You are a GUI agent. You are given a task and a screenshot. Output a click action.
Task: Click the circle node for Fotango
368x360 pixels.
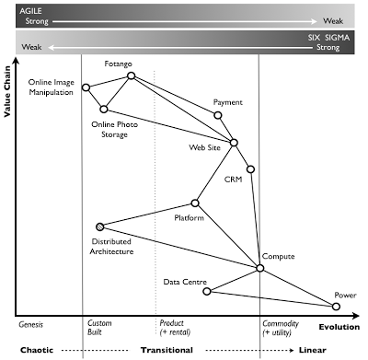(x=131, y=75)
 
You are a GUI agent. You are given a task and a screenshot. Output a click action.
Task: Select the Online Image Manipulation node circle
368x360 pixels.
(x=86, y=87)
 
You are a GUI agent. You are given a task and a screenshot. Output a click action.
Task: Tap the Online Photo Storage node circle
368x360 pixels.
(x=104, y=109)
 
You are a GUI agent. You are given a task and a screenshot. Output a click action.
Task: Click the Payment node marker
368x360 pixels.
(x=218, y=115)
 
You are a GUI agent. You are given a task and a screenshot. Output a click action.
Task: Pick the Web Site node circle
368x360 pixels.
(x=235, y=142)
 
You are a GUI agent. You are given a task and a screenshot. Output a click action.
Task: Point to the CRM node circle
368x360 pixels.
(x=250, y=168)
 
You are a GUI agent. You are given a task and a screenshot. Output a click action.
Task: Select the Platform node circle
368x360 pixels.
(x=195, y=203)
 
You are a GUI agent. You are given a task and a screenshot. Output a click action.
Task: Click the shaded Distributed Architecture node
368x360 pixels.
(x=99, y=226)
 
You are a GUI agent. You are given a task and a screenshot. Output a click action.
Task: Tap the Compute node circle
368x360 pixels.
(x=259, y=268)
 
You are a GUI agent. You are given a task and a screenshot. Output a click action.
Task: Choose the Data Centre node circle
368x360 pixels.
(x=207, y=291)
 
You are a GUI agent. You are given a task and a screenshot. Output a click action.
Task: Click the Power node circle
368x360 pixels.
(x=338, y=307)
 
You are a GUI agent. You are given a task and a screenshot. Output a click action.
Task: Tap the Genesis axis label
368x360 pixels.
(x=33, y=324)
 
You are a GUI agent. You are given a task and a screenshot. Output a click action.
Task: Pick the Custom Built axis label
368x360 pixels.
(x=99, y=329)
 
